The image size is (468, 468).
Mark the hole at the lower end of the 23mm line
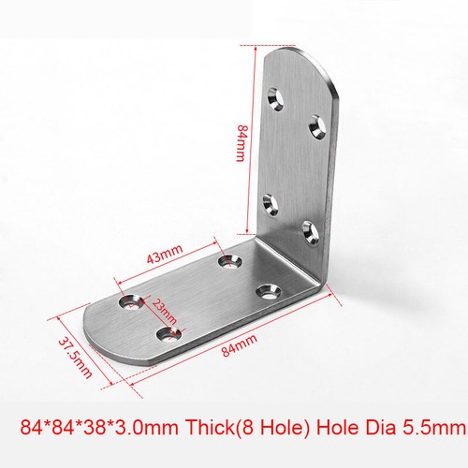167,333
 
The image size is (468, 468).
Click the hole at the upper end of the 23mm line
127,302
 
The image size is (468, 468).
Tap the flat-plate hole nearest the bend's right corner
269,290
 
